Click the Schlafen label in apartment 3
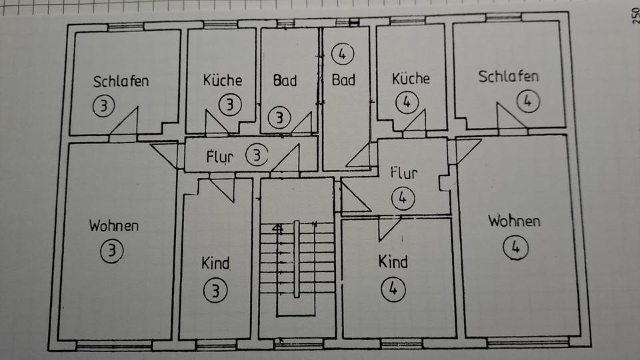pyautogui.click(x=121, y=82)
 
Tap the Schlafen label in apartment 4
pyautogui.click(x=508, y=75)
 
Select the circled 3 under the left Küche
pyautogui.click(x=230, y=105)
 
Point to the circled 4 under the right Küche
pyautogui.click(x=406, y=103)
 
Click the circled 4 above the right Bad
pyautogui.click(x=343, y=53)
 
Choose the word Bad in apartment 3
pyautogui.click(x=285, y=80)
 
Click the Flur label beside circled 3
pyautogui.click(x=219, y=158)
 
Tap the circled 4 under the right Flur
pyautogui.click(x=403, y=199)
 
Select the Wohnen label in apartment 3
pyautogui.click(x=114, y=225)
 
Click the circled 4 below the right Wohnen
pyautogui.click(x=515, y=247)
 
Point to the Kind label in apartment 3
pyautogui.click(x=215, y=263)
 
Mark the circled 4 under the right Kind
pyautogui.click(x=393, y=289)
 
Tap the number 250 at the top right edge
pyautogui.click(x=634, y=15)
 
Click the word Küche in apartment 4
pyautogui.click(x=411, y=79)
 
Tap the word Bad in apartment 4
pyautogui.click(x=343, y=80)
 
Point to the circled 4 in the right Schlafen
pyautogui.click(x=527, y=102)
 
